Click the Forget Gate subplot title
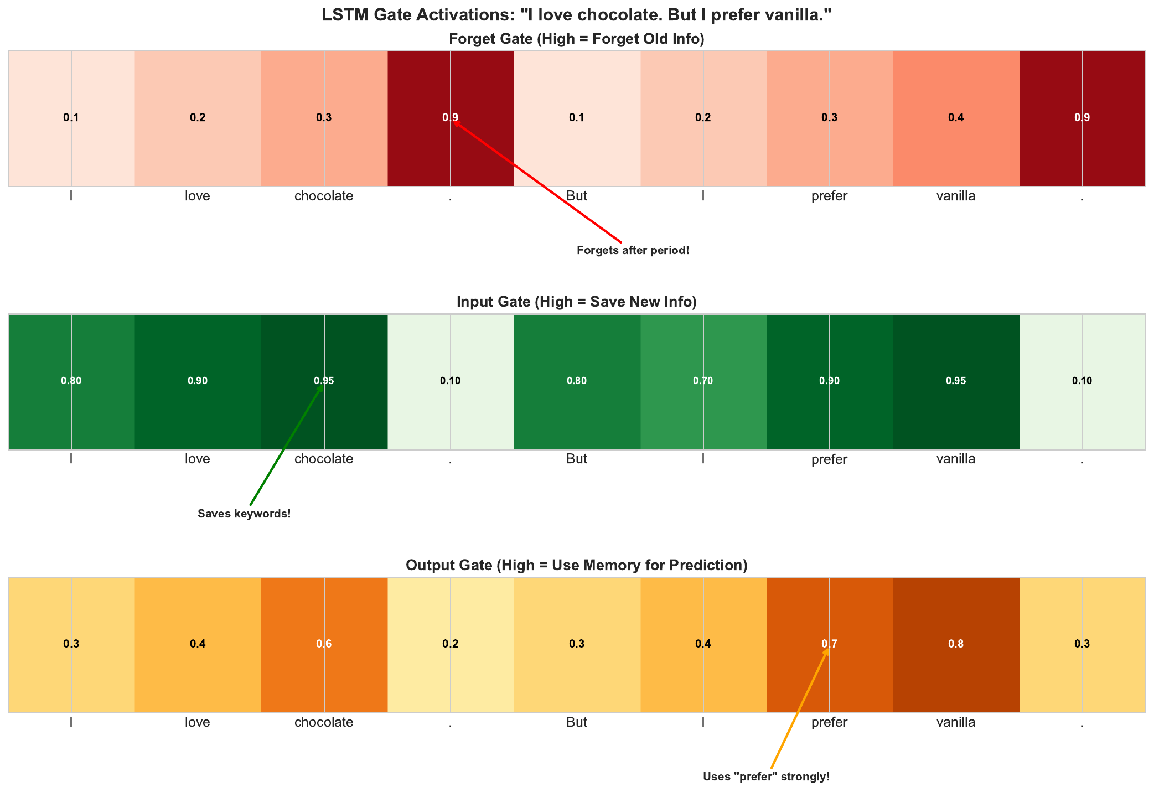[577, 39]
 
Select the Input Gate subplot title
[577, 302]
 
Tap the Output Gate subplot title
[577, 565]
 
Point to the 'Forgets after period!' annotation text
[633, 251]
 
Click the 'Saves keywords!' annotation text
[244, 514]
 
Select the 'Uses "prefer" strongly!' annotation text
[766, 777]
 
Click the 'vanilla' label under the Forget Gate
[956, 196]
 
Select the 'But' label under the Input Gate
[577, 459]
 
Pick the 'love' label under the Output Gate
[198, 722]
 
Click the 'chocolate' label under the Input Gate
[324, 459]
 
